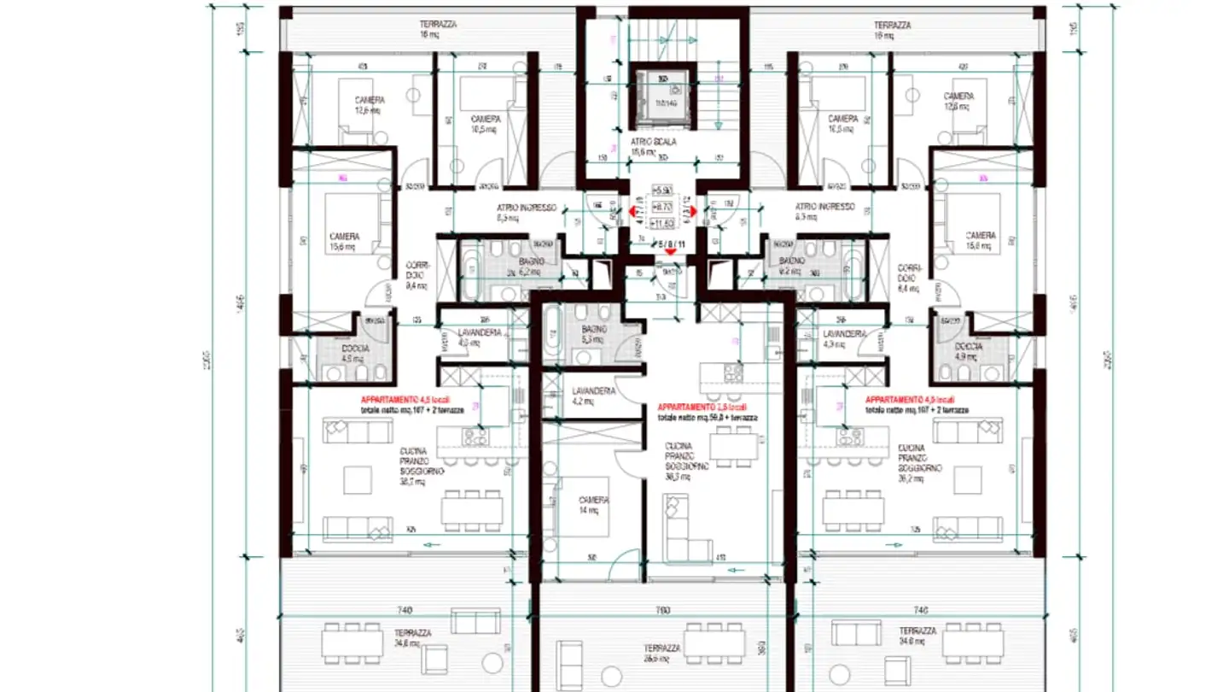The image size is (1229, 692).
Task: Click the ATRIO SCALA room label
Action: click(x=653, y=147)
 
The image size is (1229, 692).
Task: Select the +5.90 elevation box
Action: click(x=662, y=191)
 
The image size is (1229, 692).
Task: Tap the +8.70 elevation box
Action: click(x=662, y=207)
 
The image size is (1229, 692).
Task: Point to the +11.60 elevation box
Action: click(x=662, y=223)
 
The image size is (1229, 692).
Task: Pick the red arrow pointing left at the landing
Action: click(x=633, y=211)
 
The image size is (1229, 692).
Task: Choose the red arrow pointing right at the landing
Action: click(x=692, y=211)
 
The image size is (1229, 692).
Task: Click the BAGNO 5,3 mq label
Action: click(x=594, y=334)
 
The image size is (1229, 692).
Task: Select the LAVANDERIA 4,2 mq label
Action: click(x=594, y=396)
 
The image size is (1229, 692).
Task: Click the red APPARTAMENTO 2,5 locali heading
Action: click(x=706, y=408)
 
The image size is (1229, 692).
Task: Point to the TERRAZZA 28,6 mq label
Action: click(x=662, y=653)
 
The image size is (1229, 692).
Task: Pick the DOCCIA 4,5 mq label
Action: click(x=352, y=353)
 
